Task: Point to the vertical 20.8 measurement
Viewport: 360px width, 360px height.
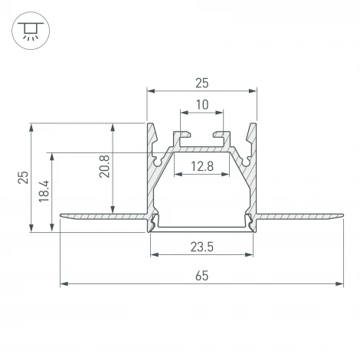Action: pyautogui.click(x=105, y=166)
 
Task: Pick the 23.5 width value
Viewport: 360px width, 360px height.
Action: pyautogui.click(x=202, y=247)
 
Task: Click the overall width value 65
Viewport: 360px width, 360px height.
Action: pyautogui.click(x=202, y=275)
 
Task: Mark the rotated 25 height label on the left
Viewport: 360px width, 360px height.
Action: pyautogui.click(x=23, y=177)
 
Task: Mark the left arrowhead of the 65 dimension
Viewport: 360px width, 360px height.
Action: pyautogui.click(x=64, y=284)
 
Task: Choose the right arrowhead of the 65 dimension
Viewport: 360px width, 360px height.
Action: pyautogui.click(x=340, y=284)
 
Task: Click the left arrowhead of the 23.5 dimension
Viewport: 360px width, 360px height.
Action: pyautogui.click(x=153, y=256)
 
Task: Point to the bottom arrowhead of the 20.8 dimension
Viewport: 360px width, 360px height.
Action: pyautogui.click(x=113, y=211)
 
